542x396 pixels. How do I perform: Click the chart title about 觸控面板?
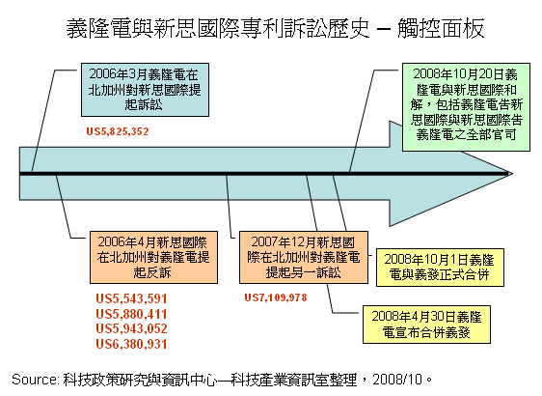click(x=276, y=28)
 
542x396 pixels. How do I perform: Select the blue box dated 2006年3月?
click(x=145, y=90)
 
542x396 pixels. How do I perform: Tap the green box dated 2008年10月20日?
click(x=466, y=107)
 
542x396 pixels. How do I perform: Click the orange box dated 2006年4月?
click(x=153, y=258)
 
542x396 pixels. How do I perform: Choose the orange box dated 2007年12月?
click(x=304, y=258)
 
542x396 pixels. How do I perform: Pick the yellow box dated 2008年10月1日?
click(x=440, y=268)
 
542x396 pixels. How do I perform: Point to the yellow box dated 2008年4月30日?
click(x=426, y=325)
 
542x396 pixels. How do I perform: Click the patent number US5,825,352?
click(x=118, y=131)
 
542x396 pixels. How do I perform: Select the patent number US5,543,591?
click(x=131, y=298)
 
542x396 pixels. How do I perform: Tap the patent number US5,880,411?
click(x=131, y=314)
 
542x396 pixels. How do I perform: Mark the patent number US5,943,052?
click(x=131, y=328)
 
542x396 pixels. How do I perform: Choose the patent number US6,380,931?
click(x=131, y=344)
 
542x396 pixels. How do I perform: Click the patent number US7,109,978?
click(x=276, y=297)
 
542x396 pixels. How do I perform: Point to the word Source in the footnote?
click(x=36, y=380)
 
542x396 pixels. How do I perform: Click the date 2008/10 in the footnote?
click(x=397, y=380)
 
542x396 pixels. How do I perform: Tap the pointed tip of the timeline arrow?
click(x=513, y=174)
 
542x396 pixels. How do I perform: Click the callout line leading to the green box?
click(x=362, y=121)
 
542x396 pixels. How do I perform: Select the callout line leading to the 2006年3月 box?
click(x=43, y=121)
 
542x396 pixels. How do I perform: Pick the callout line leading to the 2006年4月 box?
click(x=64, y=206)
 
